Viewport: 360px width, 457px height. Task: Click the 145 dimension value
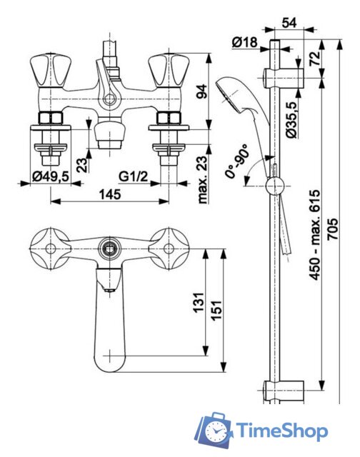click(110, 195)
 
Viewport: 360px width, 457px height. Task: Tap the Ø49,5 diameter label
click(51, 176)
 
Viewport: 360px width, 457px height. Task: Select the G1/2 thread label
click(134, 176)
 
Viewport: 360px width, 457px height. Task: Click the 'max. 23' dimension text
click(202, 179)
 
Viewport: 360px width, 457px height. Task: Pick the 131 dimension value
click(200, 303)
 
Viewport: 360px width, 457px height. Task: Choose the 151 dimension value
click(217, 310)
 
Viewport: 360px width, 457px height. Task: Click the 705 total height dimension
click(333, 229)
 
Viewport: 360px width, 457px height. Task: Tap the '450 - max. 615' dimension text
click(315, 235)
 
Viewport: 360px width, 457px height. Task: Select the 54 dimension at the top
click(289, 22)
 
